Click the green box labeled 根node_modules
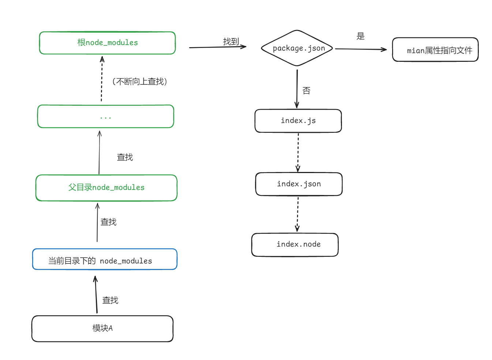[107, 43]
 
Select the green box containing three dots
[105, 117]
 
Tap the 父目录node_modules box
[106, 188]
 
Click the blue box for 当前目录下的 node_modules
[105, 259]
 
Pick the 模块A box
[102, 329]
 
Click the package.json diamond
[297, 48]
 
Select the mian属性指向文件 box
[435, 50]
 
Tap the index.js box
[298, 121]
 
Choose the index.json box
[298, 184]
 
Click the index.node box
[295, 244]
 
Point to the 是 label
[360, 36]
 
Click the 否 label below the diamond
[306, 91]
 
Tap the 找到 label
[231, 42]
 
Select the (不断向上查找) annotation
[140, 82]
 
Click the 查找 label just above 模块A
[110, 300]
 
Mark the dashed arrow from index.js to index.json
[298, 152]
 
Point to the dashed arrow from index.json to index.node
[298, 214]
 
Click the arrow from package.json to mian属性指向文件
[361, 49]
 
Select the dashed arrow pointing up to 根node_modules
[102, 79]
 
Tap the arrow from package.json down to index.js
[297, 89]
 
